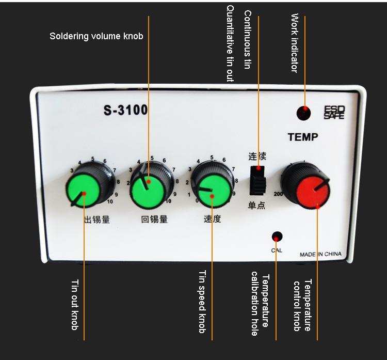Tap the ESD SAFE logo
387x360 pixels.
tap(334, 113)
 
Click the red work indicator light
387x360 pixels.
tap(304, 113)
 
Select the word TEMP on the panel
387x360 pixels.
tap(302, 137)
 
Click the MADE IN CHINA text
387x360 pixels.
tap(320, 254)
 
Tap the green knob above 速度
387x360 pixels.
tap(211, 190)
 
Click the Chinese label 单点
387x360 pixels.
tap(257, 206)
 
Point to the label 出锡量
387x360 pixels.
tap(97, 219)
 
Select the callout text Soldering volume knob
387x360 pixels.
tap(96, 36)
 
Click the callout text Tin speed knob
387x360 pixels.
tap(202, 302)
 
